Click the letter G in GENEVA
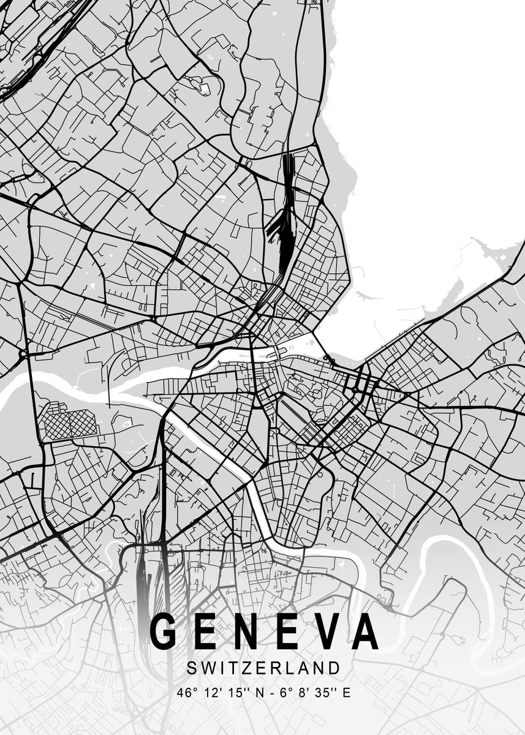164,631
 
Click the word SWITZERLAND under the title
263,666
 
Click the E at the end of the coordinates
347,693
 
